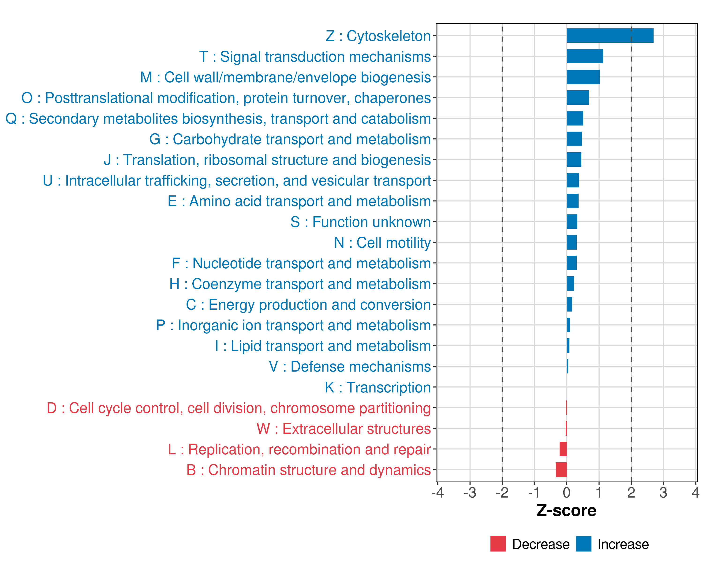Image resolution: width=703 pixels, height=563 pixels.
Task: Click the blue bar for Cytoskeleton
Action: pyautogui.click(x=610, y=36)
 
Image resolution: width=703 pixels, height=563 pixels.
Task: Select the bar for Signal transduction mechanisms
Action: pyautogui.click(x=585, y=56)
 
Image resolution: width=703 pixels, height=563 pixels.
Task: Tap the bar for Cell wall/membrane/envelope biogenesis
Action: pyautogui.click(x=583, y=77)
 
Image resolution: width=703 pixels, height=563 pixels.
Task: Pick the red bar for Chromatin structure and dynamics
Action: pyautogui.click(x=561, y=470)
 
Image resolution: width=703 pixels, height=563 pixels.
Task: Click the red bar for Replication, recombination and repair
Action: pyautogui.click(x=563, y=449)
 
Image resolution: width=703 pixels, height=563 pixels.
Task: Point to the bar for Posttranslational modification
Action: pyautogui.click(x=577, y=98)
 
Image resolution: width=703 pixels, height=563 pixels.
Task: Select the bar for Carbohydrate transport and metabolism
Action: pyautogui.click(x=574, y=139)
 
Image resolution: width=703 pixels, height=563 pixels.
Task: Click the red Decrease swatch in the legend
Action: pyautogui.click(x=498, y=544)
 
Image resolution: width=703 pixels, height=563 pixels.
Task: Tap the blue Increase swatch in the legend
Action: pyautogui.click(x=583, y=544)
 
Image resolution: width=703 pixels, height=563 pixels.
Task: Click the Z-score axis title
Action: pyautogui.click(x=566, y=510)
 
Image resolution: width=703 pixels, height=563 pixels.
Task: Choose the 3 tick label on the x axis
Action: pyautogui.click(x=663, y=492)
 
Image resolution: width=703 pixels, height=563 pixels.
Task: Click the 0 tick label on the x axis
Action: pyautogui.click(x=567, y=492)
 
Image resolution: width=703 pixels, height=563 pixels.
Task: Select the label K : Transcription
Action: pyautogui.click(x=378, y=387)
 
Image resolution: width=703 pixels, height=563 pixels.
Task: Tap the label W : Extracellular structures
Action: pyautogui.click(x=344, y=429)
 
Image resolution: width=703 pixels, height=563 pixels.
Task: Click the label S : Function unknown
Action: pyautogui.click(x=361, y=222)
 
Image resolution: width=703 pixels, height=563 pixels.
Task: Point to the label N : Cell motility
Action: pyautogui.click(x=382, y=243)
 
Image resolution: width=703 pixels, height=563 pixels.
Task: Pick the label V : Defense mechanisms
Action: pyautogui.click(x=350, y=366)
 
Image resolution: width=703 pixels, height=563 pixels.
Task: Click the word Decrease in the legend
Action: pyautogui.click(x=541, y=544)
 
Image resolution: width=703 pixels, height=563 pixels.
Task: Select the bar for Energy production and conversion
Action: pyautogui.click(x=569, y=304)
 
